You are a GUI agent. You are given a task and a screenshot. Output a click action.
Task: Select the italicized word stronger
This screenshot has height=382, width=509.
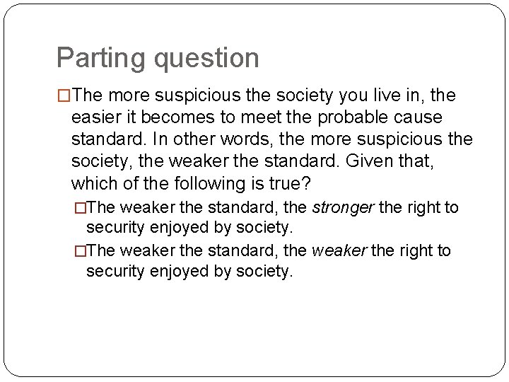pyautogui.click(x=343, y=208)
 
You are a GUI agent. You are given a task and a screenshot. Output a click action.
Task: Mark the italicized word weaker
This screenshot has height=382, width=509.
pyautogui.click(x=339, y=251)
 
